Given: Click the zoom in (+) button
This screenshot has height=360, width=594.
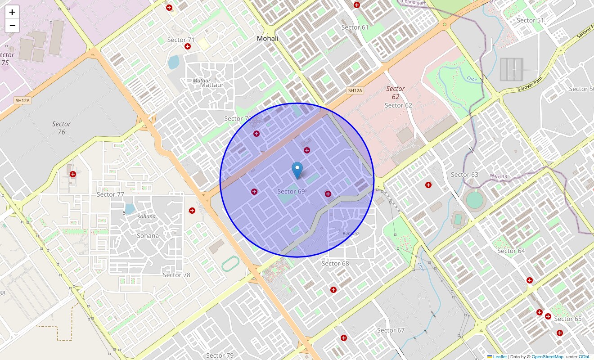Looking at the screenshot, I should click(x=12, y=12).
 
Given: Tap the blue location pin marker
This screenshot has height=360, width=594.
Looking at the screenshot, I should click(x=297, y=170).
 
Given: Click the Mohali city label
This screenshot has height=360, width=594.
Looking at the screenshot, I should click(x=267, y=39).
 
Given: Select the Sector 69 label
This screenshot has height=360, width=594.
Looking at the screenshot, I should click(x=291, y=192).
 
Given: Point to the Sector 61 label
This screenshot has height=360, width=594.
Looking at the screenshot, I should click(x=355, y=27).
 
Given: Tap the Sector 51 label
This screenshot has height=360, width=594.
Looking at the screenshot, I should click(x=530, y=20).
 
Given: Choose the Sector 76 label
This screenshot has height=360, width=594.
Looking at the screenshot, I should click(x=61, y=128).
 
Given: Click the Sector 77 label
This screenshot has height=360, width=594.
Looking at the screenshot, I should click(x=110, y=194).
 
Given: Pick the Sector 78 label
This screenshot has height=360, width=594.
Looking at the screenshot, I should click(x=176, y=275).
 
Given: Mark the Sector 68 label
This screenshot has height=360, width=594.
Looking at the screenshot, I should click(x=335, y=264).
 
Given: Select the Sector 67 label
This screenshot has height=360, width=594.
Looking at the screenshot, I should click(x=391, y=330).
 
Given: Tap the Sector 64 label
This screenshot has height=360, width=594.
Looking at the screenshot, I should click(x=511, y=251).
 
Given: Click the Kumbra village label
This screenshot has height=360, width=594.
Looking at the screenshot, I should click(x=351, y=234).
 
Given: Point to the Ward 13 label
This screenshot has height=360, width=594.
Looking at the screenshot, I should click(x=498, y=176).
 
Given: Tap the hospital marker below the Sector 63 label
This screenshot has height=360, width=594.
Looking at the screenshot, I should click(x=428, y=185).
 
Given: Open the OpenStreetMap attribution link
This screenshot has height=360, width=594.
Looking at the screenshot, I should click(x=547, y=356).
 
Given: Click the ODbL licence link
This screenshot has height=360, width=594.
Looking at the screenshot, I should click(x=585, y=356).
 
